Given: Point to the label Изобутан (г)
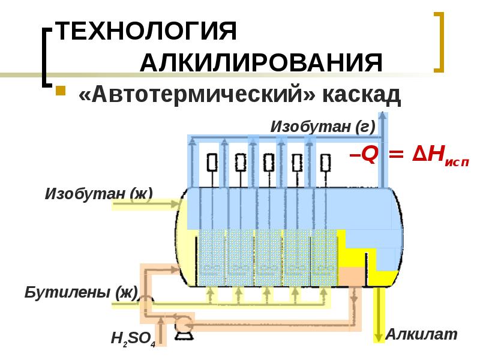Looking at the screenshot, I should coord(323,127).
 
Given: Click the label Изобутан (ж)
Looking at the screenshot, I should coord(99,193).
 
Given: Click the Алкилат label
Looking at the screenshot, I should coord(421,334).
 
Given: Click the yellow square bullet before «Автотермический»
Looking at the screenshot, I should coord(60,92).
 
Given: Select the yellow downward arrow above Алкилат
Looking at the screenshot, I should coord(379,318).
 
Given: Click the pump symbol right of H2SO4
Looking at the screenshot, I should coord(181,325).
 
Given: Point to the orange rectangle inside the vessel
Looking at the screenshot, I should coord(352,277).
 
